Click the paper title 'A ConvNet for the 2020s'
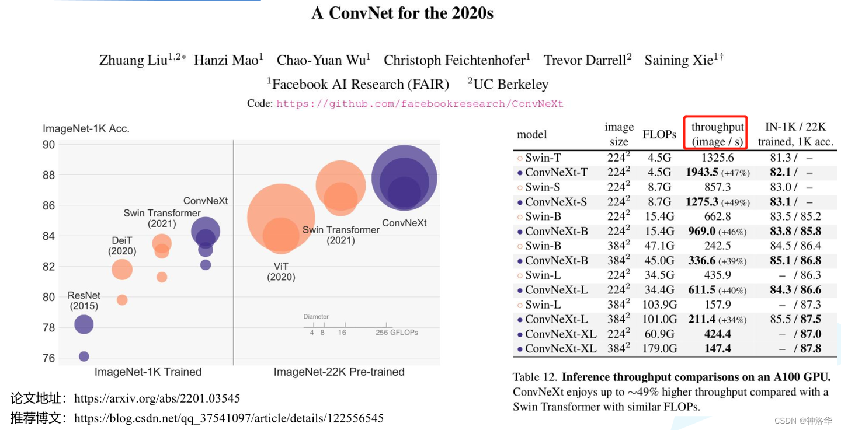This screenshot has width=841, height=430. (x=402, y=13)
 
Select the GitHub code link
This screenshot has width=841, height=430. (x=419, y=104)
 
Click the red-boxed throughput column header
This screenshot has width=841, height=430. (x=717, y=134)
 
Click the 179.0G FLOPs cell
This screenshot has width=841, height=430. (x=659, y=348)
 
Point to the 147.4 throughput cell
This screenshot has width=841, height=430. (x=718, y=348)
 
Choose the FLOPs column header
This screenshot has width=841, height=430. (x=659, y=134)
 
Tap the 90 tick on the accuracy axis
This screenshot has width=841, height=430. (x=48, y=145)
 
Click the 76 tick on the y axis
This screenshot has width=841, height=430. (x=48, y=358)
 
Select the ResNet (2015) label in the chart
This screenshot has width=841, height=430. (x=84, y=300)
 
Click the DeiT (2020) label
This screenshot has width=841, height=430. (x=122, y=246)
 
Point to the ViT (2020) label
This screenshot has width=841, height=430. (x=281, y=272)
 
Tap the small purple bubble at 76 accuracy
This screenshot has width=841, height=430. (x=84, y=356)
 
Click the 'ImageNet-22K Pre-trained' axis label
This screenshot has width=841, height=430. (x=339, y=372)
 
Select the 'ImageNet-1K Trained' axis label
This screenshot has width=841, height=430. (x=148, y=372)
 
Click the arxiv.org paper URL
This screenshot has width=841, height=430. (x=157, y=399)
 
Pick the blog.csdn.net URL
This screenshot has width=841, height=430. (x=228, y=418)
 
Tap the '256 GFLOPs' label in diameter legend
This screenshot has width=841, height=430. (x=397, y=333)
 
